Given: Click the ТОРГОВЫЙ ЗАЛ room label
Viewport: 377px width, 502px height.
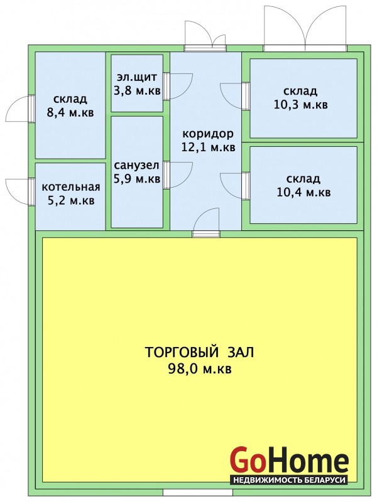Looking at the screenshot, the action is (x=199, y=352).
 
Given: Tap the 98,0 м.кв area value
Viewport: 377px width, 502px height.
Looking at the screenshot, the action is (x=199, y=369).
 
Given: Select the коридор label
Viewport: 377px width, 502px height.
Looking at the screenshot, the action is (x=208, y=134).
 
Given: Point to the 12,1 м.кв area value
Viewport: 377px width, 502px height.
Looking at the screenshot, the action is (x=208, y=147).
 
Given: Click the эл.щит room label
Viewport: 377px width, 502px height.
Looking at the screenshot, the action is (x=137, y=77).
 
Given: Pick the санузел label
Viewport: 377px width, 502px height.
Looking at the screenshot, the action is (x=136, y=166).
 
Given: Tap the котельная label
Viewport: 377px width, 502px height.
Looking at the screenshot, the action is (x=71, y=187).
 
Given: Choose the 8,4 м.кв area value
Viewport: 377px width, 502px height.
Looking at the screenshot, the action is (x=70, y=113).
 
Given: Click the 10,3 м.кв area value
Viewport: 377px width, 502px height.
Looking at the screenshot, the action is (x=301, y=105).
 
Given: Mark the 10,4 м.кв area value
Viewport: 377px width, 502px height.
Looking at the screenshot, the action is (x=303, y=193).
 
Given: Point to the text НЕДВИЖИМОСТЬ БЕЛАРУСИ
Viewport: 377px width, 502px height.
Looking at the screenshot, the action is (x=289, y=480).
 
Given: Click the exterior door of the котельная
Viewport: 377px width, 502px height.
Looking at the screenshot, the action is (x=20, y=191).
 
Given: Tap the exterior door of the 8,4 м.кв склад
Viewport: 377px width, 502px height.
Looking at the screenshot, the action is (x=20, y=109).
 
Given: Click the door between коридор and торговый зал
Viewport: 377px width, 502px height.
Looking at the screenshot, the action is (x=206, y=223).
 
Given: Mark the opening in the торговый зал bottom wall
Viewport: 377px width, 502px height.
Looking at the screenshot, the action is (x=199, y=493).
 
